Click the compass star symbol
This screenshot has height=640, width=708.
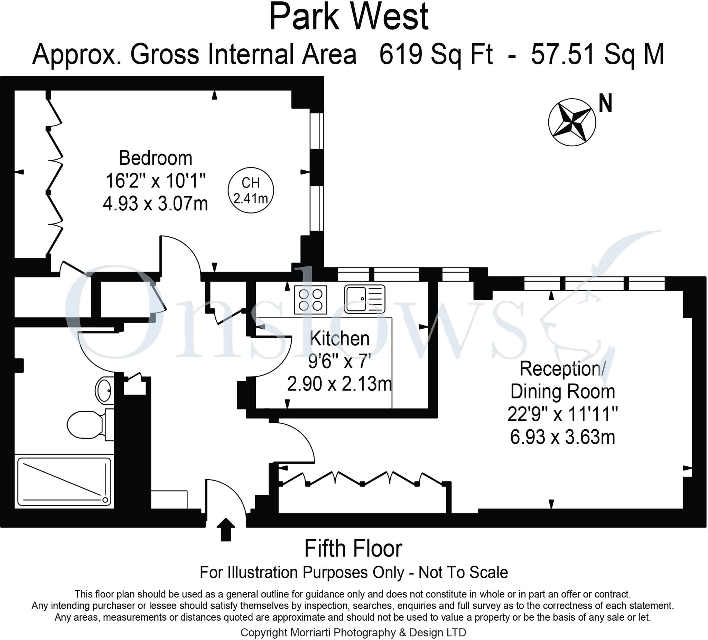click(571, 122)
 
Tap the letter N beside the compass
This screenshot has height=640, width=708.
click(605, 103)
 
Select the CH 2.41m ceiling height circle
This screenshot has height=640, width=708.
click(250, 190)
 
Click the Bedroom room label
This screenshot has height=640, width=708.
click(155, 158)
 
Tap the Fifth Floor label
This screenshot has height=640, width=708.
click(353, 549)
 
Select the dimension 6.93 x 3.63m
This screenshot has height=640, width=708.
click(562, 438)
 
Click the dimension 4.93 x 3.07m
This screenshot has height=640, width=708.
click(155, 203)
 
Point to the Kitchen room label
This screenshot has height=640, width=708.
click(339, 338)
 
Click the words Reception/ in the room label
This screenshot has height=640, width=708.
click(562, 369)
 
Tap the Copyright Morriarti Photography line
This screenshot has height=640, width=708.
click(353, 632)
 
